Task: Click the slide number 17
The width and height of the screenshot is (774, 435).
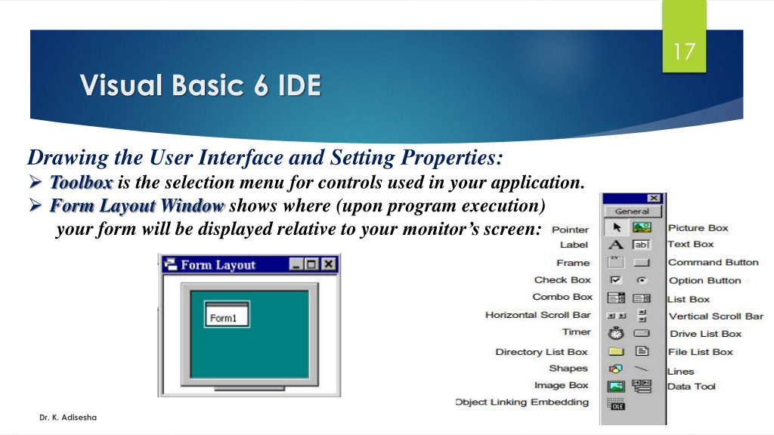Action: click(x=684, y=51)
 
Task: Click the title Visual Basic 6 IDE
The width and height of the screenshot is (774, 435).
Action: click(x=200, y=85)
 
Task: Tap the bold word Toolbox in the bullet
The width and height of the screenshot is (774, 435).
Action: click(x=82, y=183)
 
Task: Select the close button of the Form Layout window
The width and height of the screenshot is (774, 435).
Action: click(x=329, y=264)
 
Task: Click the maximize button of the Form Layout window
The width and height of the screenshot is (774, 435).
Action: click(x=311, y=264)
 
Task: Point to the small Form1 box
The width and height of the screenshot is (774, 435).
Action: click(x=227, y=314)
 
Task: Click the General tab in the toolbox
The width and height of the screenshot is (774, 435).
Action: click(x=632, y=211)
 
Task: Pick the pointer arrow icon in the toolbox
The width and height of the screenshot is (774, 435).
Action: click(x=617, y=227)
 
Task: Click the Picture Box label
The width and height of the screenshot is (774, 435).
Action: click(x=698, y=228)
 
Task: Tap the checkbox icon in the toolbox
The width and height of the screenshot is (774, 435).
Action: click(x=615, y=280)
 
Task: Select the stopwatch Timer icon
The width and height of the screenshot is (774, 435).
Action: click(x=616, y=333)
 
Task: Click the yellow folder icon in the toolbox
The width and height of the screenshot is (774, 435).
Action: click(x=616, y=351)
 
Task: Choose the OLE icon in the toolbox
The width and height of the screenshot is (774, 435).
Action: click(x=616, y=405)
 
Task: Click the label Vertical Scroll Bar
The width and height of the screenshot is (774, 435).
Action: click(x=716, y=316)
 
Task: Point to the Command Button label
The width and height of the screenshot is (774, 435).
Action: click(x=714, y=262)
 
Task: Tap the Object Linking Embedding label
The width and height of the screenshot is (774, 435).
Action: click(x=522, y=402)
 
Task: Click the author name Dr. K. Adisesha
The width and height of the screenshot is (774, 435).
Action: click(x=68, y=417)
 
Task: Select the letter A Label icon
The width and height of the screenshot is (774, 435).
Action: click(x=615, y=245)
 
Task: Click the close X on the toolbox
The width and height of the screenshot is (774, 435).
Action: click(x=654, y=198)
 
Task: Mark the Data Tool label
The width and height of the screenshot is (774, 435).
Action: click(x=691, y=387)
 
